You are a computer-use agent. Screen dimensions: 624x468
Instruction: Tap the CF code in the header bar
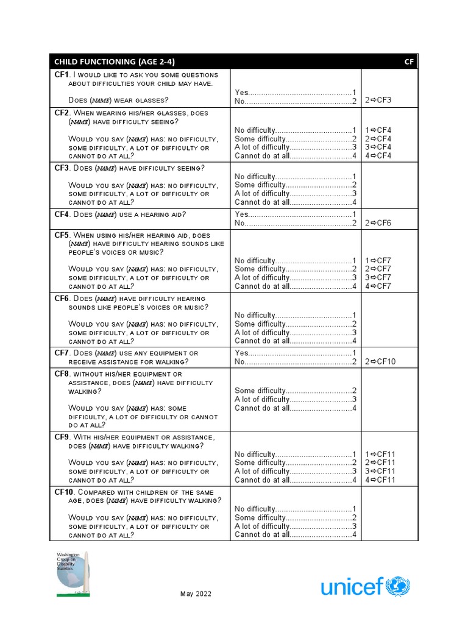(x=409, y=62)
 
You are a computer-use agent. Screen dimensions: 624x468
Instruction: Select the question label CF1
(x=62, y=74)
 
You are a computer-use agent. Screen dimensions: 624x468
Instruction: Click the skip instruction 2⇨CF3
(x=378, y=101)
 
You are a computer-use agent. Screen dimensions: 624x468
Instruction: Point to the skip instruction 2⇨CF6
(x=378, y=223)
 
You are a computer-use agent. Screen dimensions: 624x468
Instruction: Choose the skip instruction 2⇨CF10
(x=380, y=361)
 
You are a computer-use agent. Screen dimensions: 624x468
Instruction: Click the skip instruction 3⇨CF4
(x=378, y=147)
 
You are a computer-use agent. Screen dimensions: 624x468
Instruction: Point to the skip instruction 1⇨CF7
(x=378, y=261)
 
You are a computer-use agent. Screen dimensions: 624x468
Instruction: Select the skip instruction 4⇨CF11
(x=380, y=480)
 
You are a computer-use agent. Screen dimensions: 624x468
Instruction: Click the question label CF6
(x=62, y=299)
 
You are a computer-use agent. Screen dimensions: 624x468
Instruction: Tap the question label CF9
(x=62, y=438)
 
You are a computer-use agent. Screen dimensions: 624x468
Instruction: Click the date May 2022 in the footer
(x=196, y=594)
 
